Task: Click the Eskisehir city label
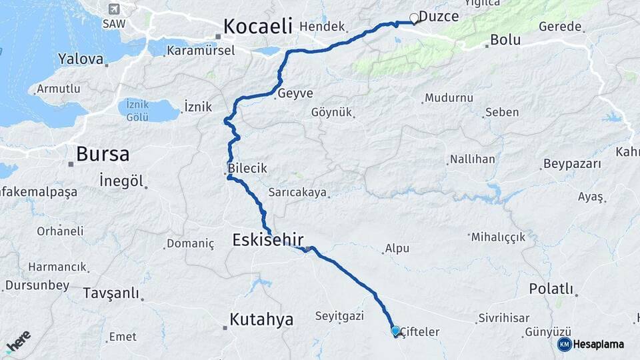click(x=268, y=239)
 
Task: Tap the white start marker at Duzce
click(x=414, y=19)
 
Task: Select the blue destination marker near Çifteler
click(x=395, y=331)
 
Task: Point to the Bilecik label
click(x=247, y=169)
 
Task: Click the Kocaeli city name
click(x=258, y=26)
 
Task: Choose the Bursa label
click(x=102, y=154)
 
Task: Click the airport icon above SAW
click(x=113, y=9)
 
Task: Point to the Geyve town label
click(x=295, y=93)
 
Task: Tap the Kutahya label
click(x=261, y=319)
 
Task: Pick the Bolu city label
click(x=505, y=40)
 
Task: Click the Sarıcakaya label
click(x=297, y=192)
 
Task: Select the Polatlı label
click(x=551, y=289)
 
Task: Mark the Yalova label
click(x=81, y=59)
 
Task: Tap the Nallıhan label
click(x=473, y=159)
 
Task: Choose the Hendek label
click(x=322, y=27)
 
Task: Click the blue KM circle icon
click(x=564, y=344)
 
